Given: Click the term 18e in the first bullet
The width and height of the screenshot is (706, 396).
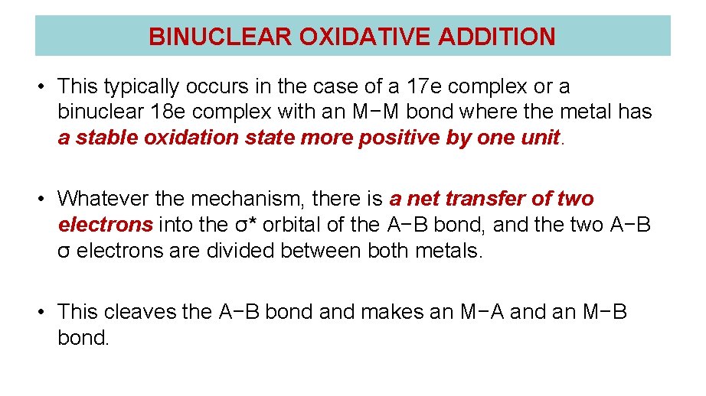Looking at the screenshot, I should pos(172,112).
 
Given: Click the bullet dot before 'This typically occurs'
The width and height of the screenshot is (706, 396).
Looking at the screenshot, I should pos(42,87).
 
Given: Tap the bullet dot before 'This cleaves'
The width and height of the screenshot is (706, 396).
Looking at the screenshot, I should pos(42,312).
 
